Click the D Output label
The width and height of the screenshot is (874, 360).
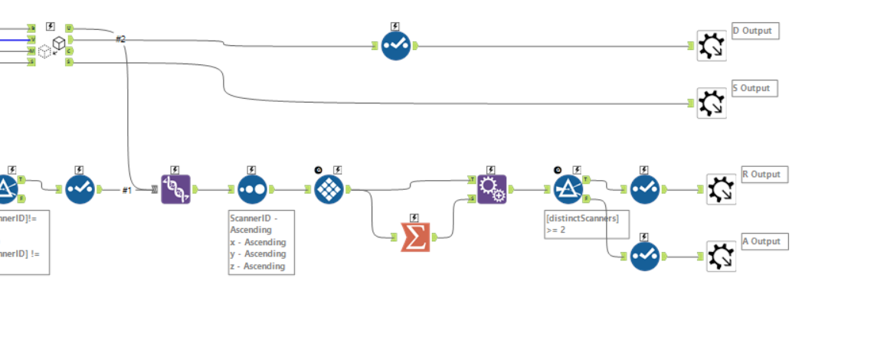pos(755,31)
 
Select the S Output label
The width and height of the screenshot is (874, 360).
pos(754,89)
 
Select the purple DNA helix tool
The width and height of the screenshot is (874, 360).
pos(175,189)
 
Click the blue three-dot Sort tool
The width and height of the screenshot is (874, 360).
pos(252,189)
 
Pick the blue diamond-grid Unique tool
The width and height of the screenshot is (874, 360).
pos(329,189)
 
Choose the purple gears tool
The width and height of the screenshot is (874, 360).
pos(492,189)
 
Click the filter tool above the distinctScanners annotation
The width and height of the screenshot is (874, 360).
pos(568,189)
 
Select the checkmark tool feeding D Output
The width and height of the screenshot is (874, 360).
pos(396,46)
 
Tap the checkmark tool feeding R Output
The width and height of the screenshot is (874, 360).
pos(645,189)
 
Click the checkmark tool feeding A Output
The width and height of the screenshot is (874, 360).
pos(645,256)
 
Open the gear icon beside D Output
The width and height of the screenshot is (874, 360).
pos(712,46)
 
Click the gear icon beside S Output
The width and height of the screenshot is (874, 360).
pos(712,103)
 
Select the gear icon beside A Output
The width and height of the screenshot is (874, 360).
pos(721,257)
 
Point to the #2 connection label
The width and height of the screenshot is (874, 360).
pos(120,38)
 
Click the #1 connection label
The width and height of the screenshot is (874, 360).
pos(127,190)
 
